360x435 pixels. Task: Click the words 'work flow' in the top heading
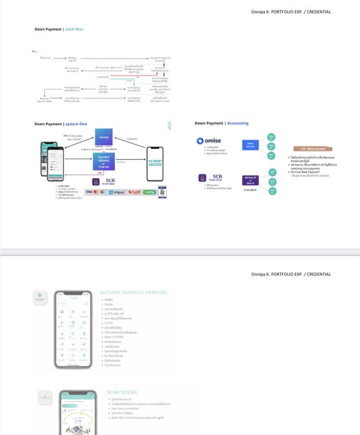pos(74,29)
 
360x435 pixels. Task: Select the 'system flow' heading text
pos(76,124)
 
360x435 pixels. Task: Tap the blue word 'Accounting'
pos(238,123)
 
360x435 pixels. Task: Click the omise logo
pos(209,140)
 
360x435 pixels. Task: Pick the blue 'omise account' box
pos(250,145)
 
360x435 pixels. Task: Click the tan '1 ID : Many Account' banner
pos(313,149)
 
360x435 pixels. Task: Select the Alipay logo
pos(117,192)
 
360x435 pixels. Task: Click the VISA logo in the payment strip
pos(88,192)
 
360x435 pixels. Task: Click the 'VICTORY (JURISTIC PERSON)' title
pos(133,293)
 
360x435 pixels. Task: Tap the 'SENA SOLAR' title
pos(122,392)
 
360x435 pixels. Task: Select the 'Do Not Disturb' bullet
pos(113,356)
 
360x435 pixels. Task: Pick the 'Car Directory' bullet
pos(113,365)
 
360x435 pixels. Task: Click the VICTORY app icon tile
pos(40,297)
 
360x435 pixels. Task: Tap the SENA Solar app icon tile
pos(44,397)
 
